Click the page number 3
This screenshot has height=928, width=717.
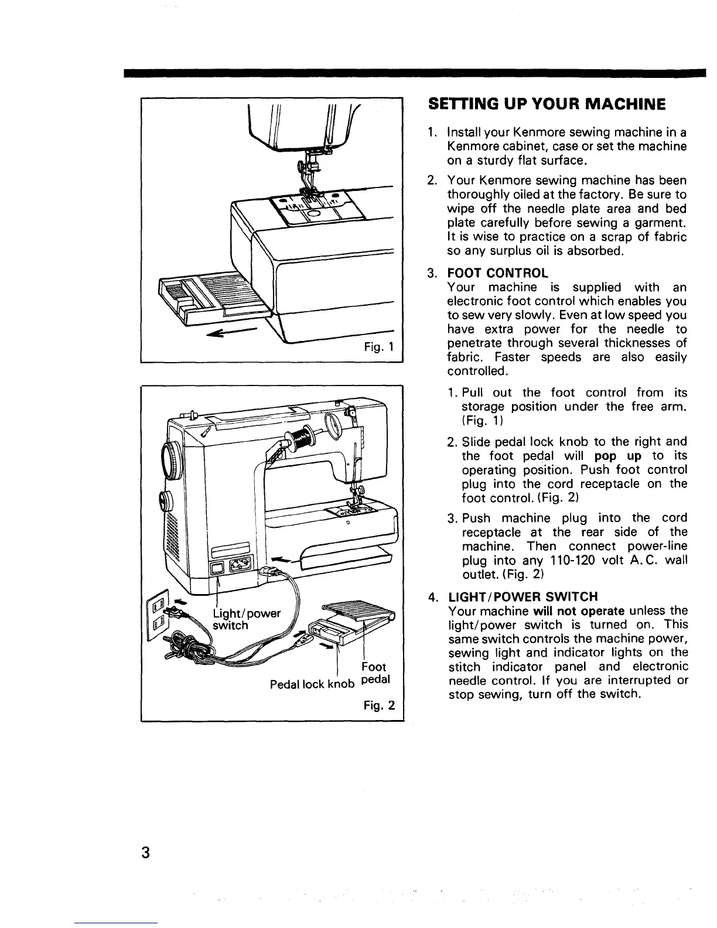(143, 853)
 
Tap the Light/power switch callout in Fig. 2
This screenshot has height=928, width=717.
(246, 619)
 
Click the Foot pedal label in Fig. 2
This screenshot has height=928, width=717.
(373, 674)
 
